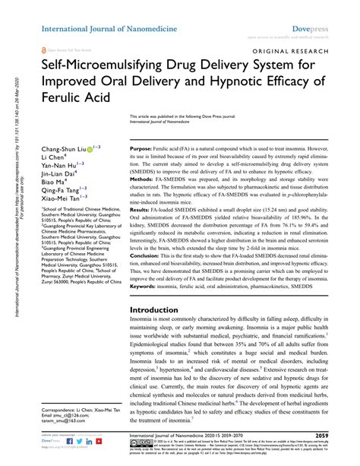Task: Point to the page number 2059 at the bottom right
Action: [344, 436]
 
